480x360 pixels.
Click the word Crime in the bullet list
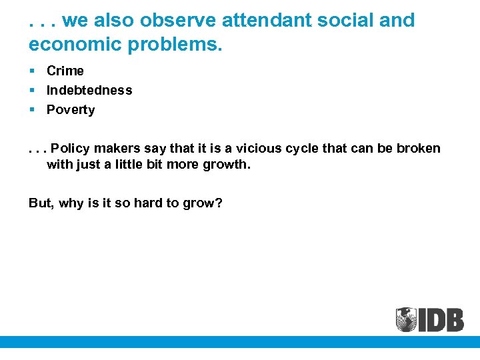click(x=65, y=71)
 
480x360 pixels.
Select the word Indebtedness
click(x=89, y=90)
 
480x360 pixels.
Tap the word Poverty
click(x=71, y=110)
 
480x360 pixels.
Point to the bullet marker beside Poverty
click(x=32, y=110)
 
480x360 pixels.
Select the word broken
click(x=419, y=148)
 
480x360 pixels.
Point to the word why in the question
click(x=71, y=203)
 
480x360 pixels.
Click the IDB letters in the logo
click(x=441, y=319)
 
